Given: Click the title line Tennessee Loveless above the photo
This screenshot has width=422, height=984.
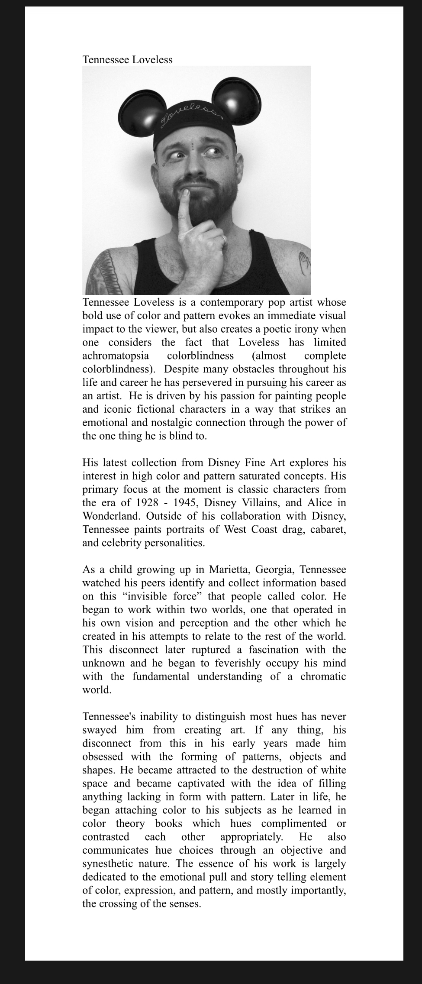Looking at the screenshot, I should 127,60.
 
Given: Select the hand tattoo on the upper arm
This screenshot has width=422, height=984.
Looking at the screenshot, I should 305,264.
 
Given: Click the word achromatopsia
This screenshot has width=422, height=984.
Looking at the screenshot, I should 116,356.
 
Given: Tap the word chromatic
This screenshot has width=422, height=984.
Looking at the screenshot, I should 323,676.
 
